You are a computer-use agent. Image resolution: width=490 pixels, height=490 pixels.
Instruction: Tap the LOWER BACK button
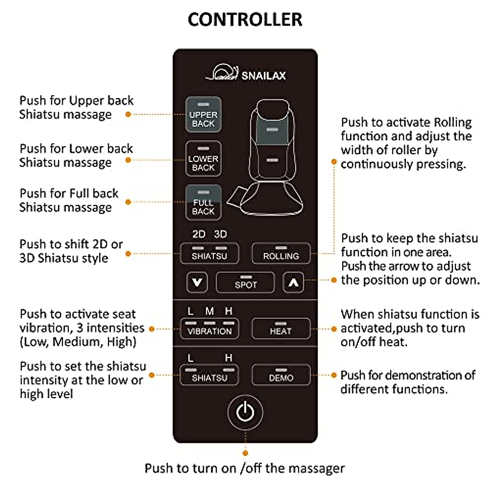click(x=203, y=159)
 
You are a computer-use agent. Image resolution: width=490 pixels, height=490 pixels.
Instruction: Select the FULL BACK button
click(x=203, y=203)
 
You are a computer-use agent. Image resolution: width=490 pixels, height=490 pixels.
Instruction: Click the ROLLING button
click(x=281, y=254)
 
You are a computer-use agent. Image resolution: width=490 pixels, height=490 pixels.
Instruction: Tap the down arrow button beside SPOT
click(x=197, y=282)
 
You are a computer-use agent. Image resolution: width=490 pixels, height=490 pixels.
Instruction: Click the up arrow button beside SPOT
click(x=293, y=282)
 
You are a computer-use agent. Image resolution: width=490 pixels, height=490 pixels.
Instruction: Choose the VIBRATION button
click(x=209, y=329)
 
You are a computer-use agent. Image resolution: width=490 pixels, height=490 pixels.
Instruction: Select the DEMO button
click(x=281, y=375)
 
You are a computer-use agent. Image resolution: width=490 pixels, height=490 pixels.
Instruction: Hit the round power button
click(x=245, y=412)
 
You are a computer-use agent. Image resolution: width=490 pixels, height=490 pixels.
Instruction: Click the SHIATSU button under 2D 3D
click(x=209, y=254)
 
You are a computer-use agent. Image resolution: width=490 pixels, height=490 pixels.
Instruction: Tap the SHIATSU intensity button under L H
click(x=209, y=375)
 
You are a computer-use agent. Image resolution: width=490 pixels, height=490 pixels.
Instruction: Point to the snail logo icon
click(x=223, y=73)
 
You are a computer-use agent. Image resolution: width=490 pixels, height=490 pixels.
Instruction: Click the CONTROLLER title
click(x=245, y=20)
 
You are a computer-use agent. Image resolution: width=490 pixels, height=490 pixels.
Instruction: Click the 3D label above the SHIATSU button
click(x=220, y=234)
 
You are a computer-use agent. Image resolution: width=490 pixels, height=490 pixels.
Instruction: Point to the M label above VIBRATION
click(x=209, y=311)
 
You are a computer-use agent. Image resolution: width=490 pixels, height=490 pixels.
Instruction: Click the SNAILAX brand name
click(x=263, y=76)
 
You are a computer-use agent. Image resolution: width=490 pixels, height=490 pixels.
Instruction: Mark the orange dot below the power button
click(x=245, y=453)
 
